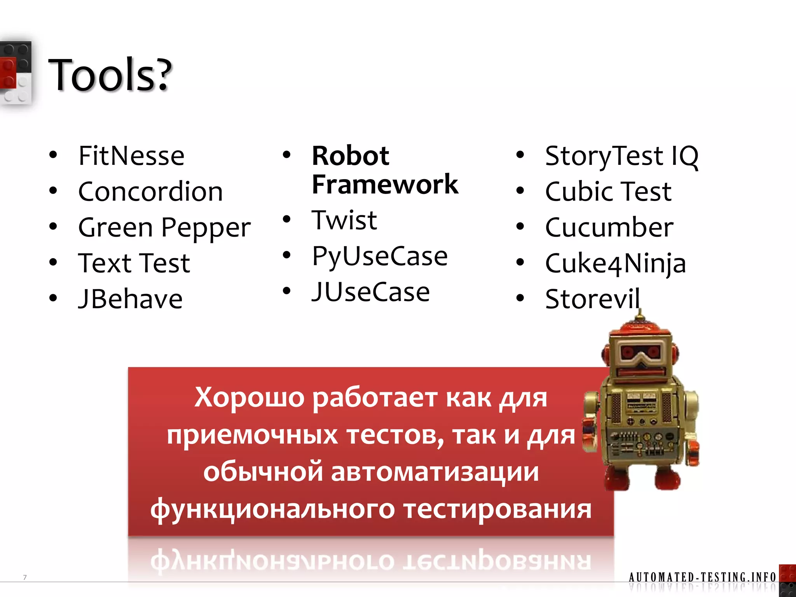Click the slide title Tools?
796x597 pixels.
[x=110, y=75]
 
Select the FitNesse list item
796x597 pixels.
[x=131, y=156]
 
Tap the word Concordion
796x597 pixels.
[x=150, y=192]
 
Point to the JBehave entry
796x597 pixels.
[x=131, y=299]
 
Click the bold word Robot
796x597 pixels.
[x=350, y=156]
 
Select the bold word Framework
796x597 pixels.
[x=385, y=184]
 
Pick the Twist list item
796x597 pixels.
[x=344, y=220]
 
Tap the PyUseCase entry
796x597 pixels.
[x=380, y=257]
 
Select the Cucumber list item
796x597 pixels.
[x=609, y=227]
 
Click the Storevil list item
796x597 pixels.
[x=592, y=299]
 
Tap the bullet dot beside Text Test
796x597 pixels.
[x=53, y=262]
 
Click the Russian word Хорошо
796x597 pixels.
[x=249, y=397]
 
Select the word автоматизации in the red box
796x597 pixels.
[x=435, y=472]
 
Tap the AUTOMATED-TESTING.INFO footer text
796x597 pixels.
[x=702, y=577]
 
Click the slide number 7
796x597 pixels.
[x=25, y=577]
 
